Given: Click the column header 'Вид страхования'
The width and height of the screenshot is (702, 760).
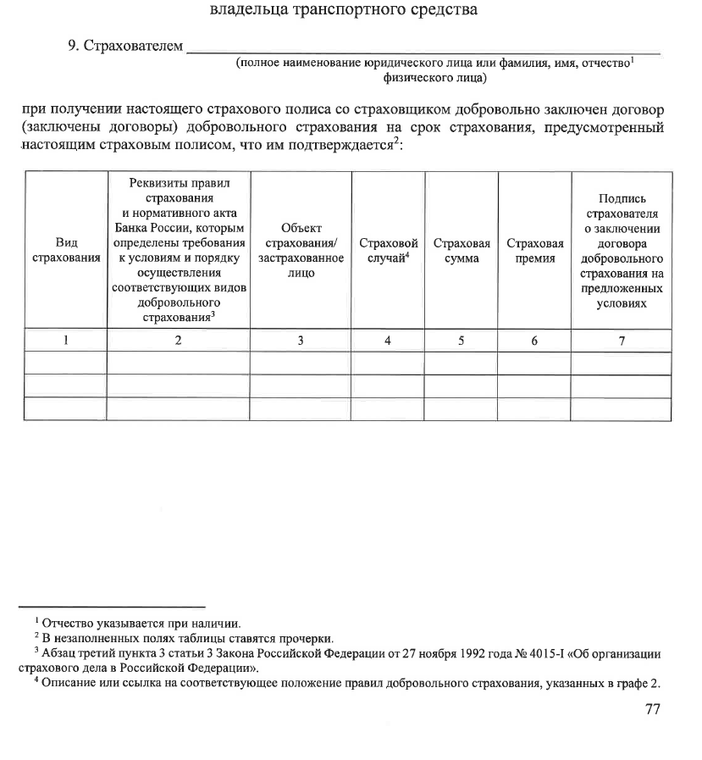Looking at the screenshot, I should click(x=65, y=250).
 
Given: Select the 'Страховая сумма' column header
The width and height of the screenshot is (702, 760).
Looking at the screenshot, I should click(x=462, y=250).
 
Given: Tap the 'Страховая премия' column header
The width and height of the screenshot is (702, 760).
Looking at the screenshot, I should click(x=534, y=250).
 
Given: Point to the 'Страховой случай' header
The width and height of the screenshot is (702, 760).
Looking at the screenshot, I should click(x=389, y=250).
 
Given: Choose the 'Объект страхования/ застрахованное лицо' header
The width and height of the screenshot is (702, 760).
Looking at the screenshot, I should click(x=301, y=250).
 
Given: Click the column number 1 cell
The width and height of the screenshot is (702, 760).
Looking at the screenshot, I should click(x=65, y=341).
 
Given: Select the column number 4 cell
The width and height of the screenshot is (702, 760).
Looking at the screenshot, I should click(x=388, y=341).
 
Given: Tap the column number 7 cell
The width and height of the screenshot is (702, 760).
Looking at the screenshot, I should click(x=622, y=341).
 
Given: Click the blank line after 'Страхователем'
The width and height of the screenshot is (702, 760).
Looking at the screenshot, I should click(x=423, y=47).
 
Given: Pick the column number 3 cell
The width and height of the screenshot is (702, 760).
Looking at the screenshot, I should click(x=300, y=341).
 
